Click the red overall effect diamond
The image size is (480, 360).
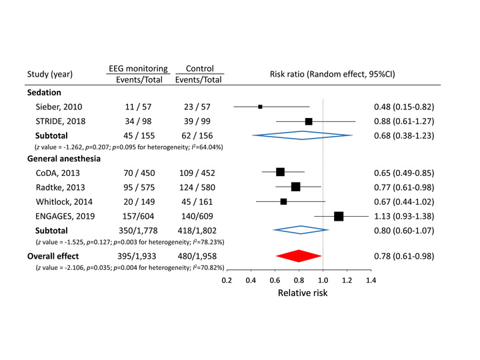click(298, 256)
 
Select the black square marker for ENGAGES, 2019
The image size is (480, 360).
click(339, 215)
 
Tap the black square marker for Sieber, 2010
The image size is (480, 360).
click(261, 107)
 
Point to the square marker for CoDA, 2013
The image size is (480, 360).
click(280, 172)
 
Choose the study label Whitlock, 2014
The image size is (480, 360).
click(64, 201)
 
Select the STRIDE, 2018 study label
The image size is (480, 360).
click(60, 121)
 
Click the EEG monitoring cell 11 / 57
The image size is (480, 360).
click(137, 107)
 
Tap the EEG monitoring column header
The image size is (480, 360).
click(137, 68)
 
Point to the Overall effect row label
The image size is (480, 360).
click(53, 256)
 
